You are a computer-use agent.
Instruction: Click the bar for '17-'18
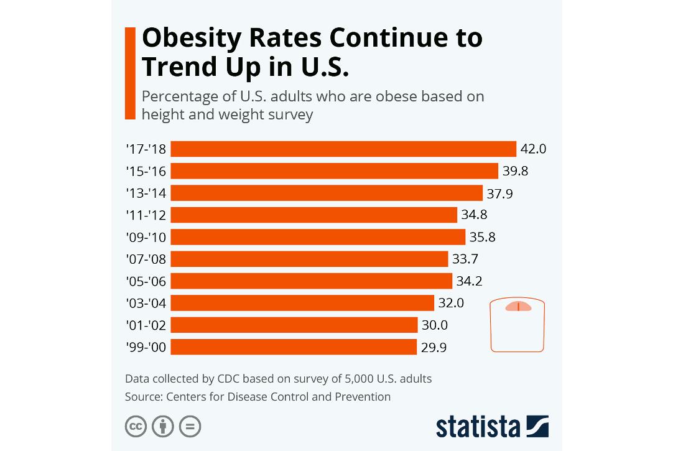[343, 149]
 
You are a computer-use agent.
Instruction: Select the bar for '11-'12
[314, 215]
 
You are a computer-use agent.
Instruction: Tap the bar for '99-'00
[294, 347]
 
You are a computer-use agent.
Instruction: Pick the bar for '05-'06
[311, 281]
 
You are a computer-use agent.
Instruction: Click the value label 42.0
[533, 149]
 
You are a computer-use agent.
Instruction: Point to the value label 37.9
[499, 193]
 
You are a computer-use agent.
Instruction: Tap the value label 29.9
[434, 347]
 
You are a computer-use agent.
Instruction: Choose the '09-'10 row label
[146, 238]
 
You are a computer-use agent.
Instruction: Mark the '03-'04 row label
[146, 304]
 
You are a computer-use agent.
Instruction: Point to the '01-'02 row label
[146, 325]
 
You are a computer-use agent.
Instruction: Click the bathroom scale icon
[518, 325]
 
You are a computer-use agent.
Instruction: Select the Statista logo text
[478, 427]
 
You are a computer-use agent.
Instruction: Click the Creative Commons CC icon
[136, 427]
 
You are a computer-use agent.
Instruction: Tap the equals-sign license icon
[190, 427]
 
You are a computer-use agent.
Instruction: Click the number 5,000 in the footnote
[340, 378]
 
